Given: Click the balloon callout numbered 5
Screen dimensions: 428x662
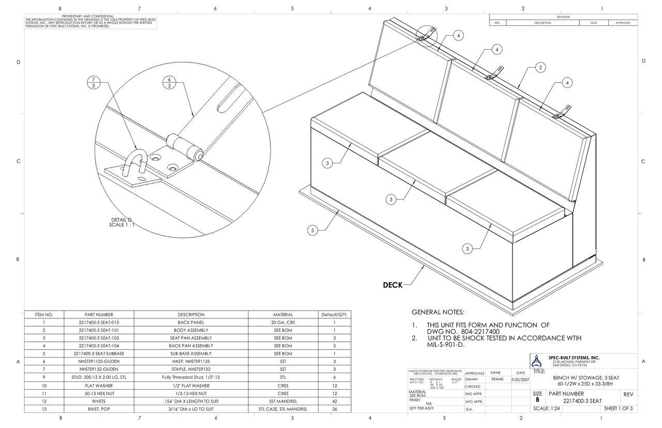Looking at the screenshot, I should click(312, 231).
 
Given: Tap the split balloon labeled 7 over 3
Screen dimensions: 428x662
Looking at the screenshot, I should click(93, 83).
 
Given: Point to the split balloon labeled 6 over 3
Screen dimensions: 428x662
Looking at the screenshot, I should click(169, 83).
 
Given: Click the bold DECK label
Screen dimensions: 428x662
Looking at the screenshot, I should click(393, 285).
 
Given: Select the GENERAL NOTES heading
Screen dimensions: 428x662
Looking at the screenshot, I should click(438, 312).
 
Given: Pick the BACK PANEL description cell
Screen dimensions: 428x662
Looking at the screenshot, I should click(191, 322).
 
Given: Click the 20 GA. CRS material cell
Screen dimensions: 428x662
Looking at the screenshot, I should click(283, 322).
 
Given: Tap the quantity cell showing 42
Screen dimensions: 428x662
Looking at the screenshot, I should click(335, 401).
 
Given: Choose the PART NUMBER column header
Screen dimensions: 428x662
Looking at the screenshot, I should click(99, 314).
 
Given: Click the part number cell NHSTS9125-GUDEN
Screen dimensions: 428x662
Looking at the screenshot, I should click(99, 361).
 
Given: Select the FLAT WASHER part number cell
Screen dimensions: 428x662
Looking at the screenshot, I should click(99, 385).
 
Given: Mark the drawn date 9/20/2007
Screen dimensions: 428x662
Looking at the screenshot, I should click(520, 379).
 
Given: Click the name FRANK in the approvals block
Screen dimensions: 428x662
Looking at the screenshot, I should click(497, 379).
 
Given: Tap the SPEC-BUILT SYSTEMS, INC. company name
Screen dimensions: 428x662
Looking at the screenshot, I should click(574, 357).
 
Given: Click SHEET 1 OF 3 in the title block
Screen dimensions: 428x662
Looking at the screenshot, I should click(618, 409).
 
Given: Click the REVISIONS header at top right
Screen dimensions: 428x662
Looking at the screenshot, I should click(563, 17).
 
